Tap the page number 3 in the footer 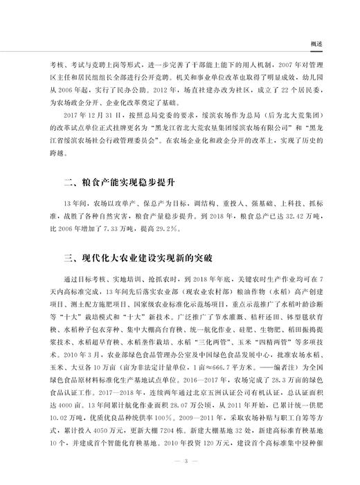click(x=181, y=460)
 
